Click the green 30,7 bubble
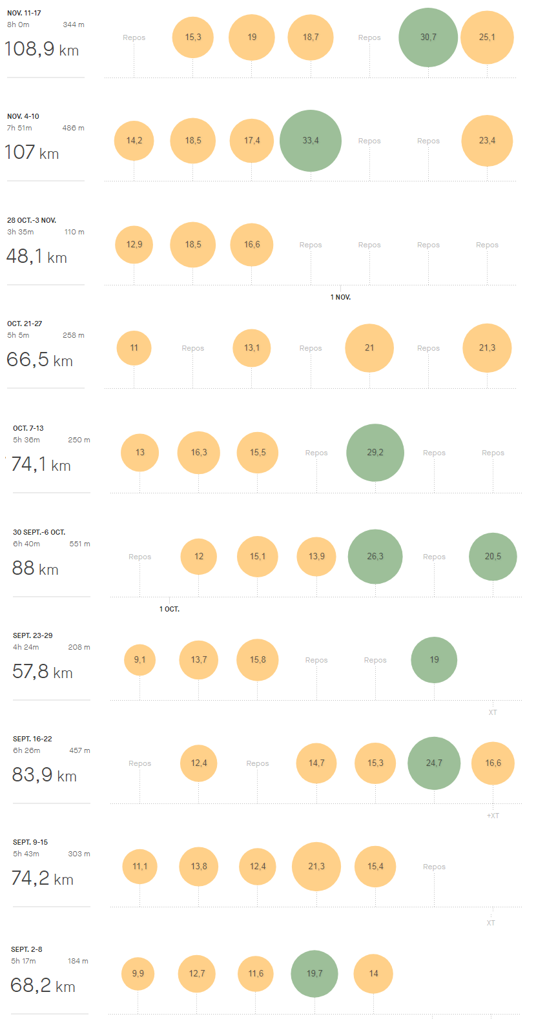tap(428, 37)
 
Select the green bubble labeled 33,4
tap(311, 141)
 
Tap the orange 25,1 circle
tap(487, 37)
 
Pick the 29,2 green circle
tap(375, 453)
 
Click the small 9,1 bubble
tap(140, 660)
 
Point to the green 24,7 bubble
tap(434, 763)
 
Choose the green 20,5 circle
tap(493, 557)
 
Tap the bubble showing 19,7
tap(314, 974)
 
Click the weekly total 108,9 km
tap(41, 49)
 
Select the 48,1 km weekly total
tap(37, 257)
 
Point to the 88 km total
tap(36, 568)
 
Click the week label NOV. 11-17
tap(25, 13)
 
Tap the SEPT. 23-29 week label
tap(33, 635)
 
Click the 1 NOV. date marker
tap(340, 297)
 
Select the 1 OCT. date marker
tap(169, 609)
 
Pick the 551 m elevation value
tap(79, 544)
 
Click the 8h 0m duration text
tap(18, 25)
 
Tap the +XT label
tap(493, 816)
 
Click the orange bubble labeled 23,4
tap(487, 141)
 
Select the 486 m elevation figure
tap(73, 128)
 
